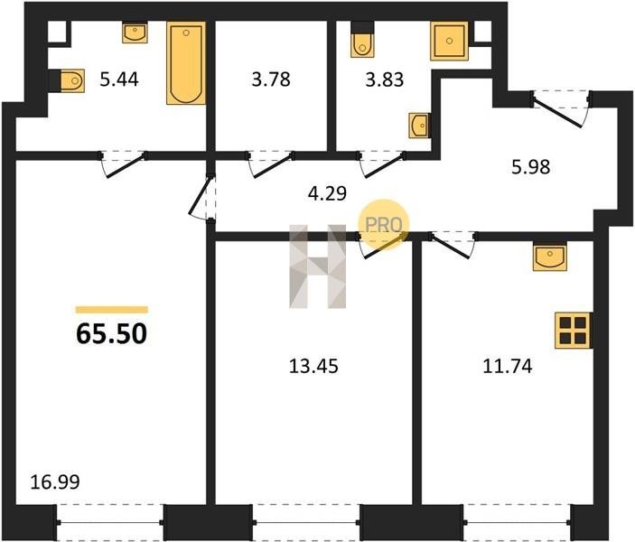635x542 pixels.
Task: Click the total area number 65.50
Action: point(111,334)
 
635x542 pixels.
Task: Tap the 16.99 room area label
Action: point(55,482)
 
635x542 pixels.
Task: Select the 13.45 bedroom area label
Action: point(313,367)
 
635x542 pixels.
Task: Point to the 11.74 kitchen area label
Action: point(508,367)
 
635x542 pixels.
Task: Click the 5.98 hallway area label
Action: point(530,167)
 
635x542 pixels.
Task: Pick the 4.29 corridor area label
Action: point(327,193)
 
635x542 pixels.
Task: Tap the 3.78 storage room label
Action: point(271,79)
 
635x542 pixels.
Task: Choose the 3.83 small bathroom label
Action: point(384,79)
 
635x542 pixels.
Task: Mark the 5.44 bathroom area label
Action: point(119,79)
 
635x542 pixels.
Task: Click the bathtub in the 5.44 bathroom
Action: point(186,63)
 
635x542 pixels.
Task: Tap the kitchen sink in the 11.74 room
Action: point(549,257)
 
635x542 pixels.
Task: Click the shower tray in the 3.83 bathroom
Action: point(449,41)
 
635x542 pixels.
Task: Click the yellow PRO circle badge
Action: point(383,224)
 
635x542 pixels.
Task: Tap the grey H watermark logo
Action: point(318,266)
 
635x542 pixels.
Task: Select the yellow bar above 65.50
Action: point(112,310)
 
